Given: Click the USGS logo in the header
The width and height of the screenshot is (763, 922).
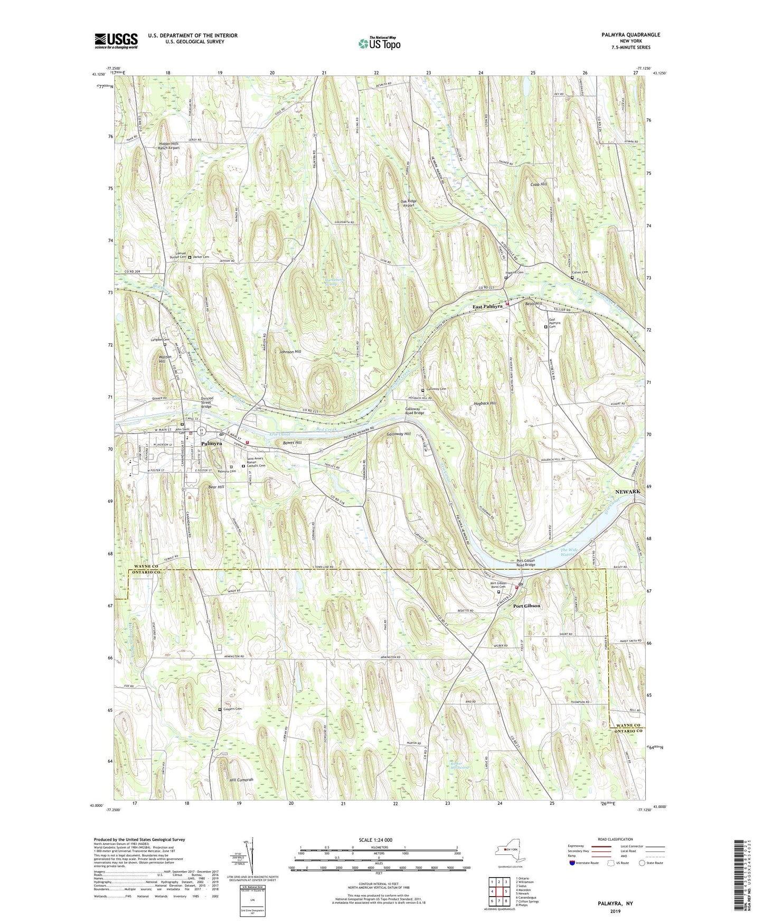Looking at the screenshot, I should pos(116,41).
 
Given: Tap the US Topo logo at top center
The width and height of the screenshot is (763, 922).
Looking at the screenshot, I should pos(379,43).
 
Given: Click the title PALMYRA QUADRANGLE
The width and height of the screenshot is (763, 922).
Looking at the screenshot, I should pos(630,35).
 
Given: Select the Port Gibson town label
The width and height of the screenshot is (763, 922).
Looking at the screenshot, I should pos(526,606).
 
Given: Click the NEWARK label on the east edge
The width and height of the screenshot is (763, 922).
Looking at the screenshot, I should pos(627,491).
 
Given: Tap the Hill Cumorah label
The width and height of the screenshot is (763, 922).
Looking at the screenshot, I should pos(241,779).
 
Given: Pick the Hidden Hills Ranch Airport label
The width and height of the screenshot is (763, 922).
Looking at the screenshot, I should pos(169,146).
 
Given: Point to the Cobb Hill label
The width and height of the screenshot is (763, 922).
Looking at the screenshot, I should pos(539,184).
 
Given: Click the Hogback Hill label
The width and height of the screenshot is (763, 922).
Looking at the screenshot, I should pos(485,403).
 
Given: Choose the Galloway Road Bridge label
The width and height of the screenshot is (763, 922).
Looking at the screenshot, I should pos(415,411).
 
